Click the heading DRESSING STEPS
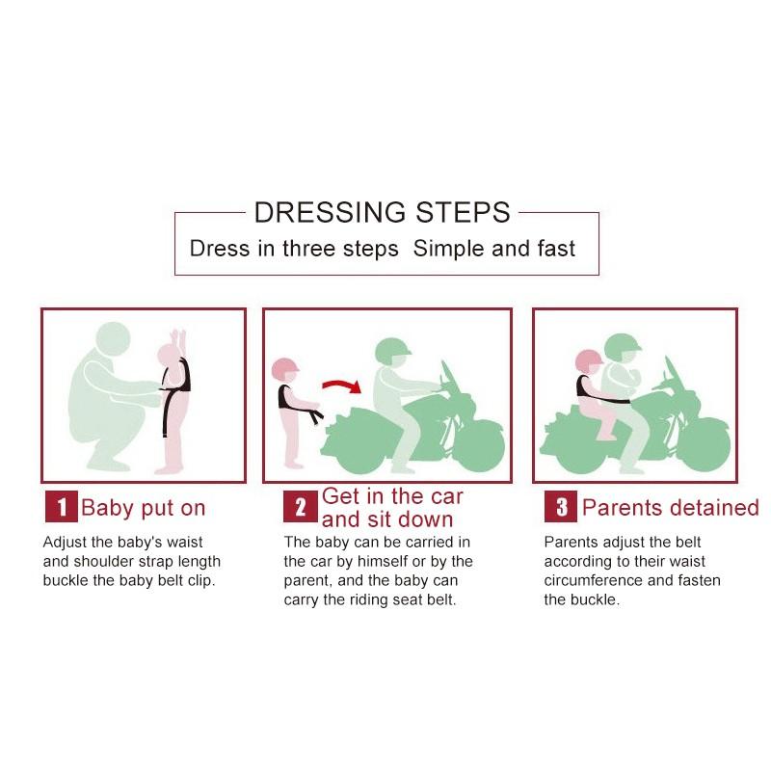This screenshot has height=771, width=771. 382,212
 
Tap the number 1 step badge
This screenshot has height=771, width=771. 62,507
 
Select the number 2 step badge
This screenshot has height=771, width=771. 301,507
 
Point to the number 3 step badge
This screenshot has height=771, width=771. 561,507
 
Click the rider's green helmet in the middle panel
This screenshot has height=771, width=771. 392,350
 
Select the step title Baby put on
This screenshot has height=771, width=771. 143,508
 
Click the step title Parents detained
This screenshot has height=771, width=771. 671,508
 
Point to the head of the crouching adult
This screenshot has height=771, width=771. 113,338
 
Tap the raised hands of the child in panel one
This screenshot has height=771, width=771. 178,339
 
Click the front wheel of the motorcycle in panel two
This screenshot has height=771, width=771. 478,445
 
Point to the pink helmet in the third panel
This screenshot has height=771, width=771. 589,360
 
